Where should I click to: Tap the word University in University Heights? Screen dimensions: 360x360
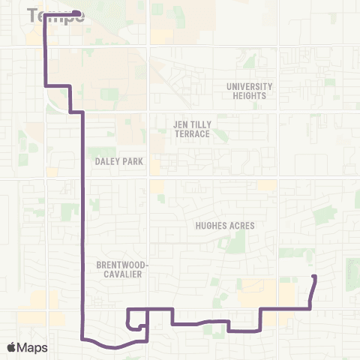pyautogui.click(x=250, y=86)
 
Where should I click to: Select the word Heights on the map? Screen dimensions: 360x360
pyautogui.click(x=250, y=96)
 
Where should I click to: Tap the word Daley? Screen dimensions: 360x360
pyautogui.click(x=105, y=160)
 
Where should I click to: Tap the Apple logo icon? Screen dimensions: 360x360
pyautogui.click(x=12, y=347)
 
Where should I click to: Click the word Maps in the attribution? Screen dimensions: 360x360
pyautogui.click(x=33, y=347)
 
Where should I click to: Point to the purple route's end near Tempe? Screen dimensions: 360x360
pyautogui.click(x=79, y=13)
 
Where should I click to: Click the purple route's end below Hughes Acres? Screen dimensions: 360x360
pyautogui.click(x=314, y=277)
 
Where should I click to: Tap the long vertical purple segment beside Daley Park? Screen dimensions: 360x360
pyautogui.click(x=82, y=210)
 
